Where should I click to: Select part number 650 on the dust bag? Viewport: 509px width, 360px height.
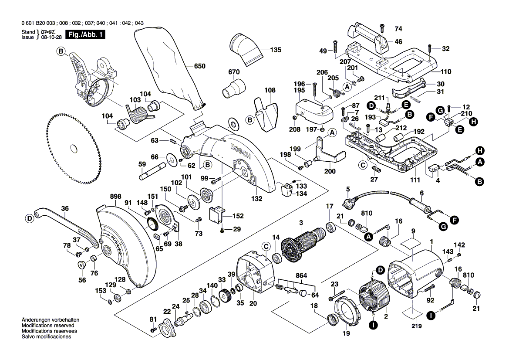(199, 66)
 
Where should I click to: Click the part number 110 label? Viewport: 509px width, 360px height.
(445, 72)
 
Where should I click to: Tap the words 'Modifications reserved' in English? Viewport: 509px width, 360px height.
(48, 326)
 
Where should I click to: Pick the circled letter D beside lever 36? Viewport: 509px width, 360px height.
(29, 218)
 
